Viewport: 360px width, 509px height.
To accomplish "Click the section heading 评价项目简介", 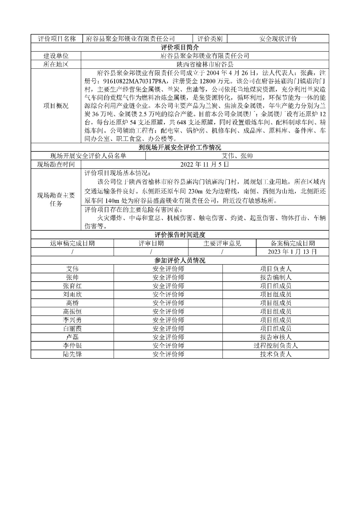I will pyautogui.click(x=180, y=47).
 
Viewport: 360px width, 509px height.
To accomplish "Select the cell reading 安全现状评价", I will pyautogui.click(x=278, y=39).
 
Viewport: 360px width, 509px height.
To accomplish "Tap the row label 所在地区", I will pyautogui.click(x=56, y=65).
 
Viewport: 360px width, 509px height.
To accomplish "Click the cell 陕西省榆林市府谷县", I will pyautogui.click(x=205, y=65).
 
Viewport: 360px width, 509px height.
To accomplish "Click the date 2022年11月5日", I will pyautogui.click(x=205, y=164).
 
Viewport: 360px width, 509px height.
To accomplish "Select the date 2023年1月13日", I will pyautogui.click(x=292, y=252).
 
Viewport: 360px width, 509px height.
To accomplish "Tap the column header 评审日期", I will pyautogui.click(x=151, y=243).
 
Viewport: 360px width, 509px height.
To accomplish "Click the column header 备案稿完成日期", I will pyautogui.click(x=292, y=243).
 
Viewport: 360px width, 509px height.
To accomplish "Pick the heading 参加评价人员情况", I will pyautogui.click(x=180, y=260).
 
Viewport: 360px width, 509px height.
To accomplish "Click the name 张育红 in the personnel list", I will pyautogui.click(x=72, y=286).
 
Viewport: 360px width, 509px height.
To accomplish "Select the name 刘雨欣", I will pyautogui.click(x=72, y=294).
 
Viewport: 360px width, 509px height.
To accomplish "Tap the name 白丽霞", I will pyautogui.click(x=72, y=329).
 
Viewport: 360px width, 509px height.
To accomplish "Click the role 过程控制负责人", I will pyautogui.click(x=276, y=345).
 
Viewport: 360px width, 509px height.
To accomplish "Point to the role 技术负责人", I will pyautogui.click(x=276, y=354).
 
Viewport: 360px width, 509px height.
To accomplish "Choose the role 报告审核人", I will pyautogui.click(x=276, y=337).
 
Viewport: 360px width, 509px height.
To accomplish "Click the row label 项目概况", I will pyautogui.click(x=56, y=106).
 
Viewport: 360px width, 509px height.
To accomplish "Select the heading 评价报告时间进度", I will pyautogui.click(x=180, y=235).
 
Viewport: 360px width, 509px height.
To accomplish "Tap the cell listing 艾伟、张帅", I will pyautogui.click(x=237, y=156).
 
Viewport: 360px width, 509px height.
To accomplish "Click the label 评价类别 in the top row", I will pyautogui.click(x=210, y=39).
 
